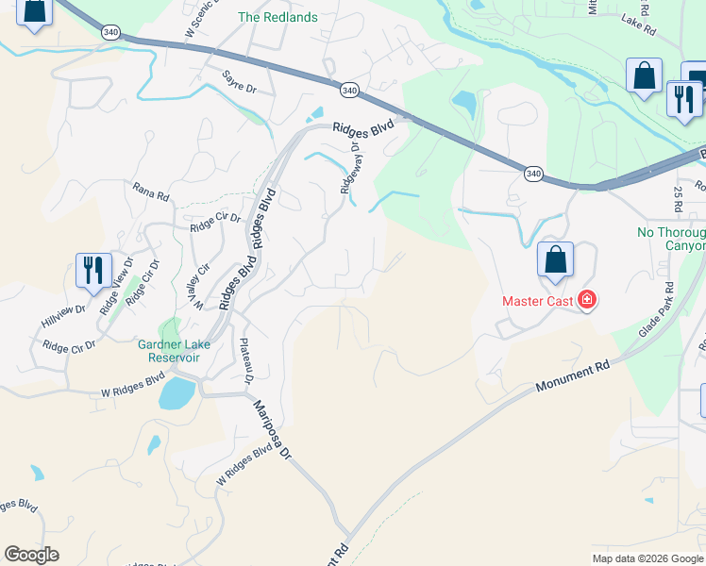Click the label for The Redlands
277,17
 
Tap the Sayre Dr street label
240,82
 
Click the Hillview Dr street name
63,315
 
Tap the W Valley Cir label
198,302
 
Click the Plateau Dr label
245,361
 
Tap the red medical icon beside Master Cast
586,301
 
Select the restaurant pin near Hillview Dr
93,271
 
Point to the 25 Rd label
678,198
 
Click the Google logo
31,555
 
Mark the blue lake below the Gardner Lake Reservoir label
176,392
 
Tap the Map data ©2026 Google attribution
647,558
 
